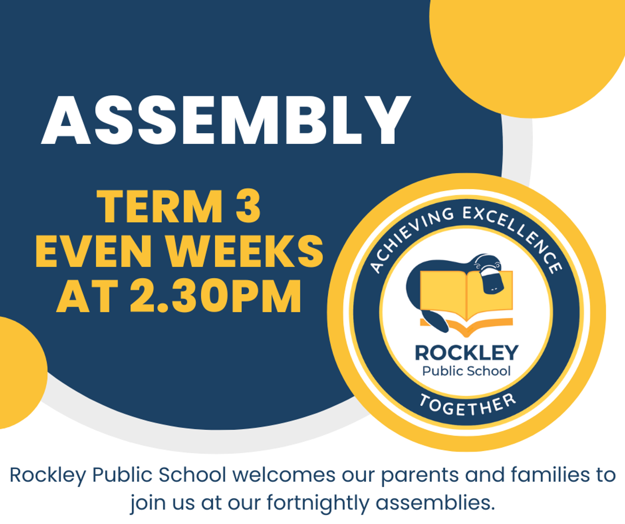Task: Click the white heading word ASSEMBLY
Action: click(226, 120)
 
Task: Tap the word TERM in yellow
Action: click(159, 206)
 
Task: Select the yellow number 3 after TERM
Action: click(248, 206)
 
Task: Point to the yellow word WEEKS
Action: click(245, 251)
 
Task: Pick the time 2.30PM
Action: click(216, 296)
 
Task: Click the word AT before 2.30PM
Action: click(87, 296)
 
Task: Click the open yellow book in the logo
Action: click(466, 303)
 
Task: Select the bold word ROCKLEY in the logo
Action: click(466, 353)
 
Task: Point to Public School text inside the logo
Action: click(466, 371)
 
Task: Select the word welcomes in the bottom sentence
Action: click(284, 475)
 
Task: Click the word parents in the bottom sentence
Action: click(420, 477)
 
